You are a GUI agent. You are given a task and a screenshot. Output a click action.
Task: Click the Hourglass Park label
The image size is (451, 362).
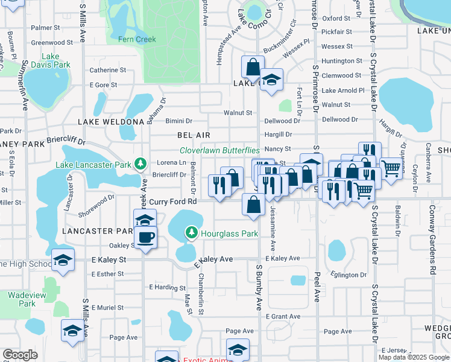[230, 233]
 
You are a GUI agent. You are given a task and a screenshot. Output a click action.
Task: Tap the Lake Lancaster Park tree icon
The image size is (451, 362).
[140, 164]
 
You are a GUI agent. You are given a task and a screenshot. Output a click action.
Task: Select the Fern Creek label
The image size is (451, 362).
[137, 39]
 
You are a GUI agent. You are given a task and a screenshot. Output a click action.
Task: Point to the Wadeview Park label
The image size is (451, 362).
[22, 299]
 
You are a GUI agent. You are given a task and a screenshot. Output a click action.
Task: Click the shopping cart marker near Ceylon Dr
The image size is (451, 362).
[391, 168]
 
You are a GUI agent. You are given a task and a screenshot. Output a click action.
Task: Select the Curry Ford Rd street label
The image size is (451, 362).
[173, 201]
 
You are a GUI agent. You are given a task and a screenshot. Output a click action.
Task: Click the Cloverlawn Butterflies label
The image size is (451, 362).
[219, 150]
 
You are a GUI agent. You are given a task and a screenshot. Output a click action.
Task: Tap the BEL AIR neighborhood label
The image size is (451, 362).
[193, 135]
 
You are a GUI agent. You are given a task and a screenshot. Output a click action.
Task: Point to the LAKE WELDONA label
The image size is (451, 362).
[110, 121]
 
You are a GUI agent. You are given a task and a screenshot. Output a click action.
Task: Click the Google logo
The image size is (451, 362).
[20, 355]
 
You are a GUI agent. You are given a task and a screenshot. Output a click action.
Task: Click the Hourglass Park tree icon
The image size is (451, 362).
[192, 232]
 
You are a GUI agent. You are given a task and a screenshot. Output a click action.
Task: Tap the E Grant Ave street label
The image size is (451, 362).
[282, 316]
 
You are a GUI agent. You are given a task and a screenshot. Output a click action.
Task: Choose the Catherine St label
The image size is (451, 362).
[107, 70]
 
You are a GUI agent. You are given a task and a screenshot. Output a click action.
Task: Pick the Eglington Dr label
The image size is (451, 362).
[349, 274]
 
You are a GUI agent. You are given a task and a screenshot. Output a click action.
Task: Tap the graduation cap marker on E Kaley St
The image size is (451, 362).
[63, 260]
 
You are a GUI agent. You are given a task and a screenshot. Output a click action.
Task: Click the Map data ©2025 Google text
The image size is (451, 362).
[414, 357]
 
